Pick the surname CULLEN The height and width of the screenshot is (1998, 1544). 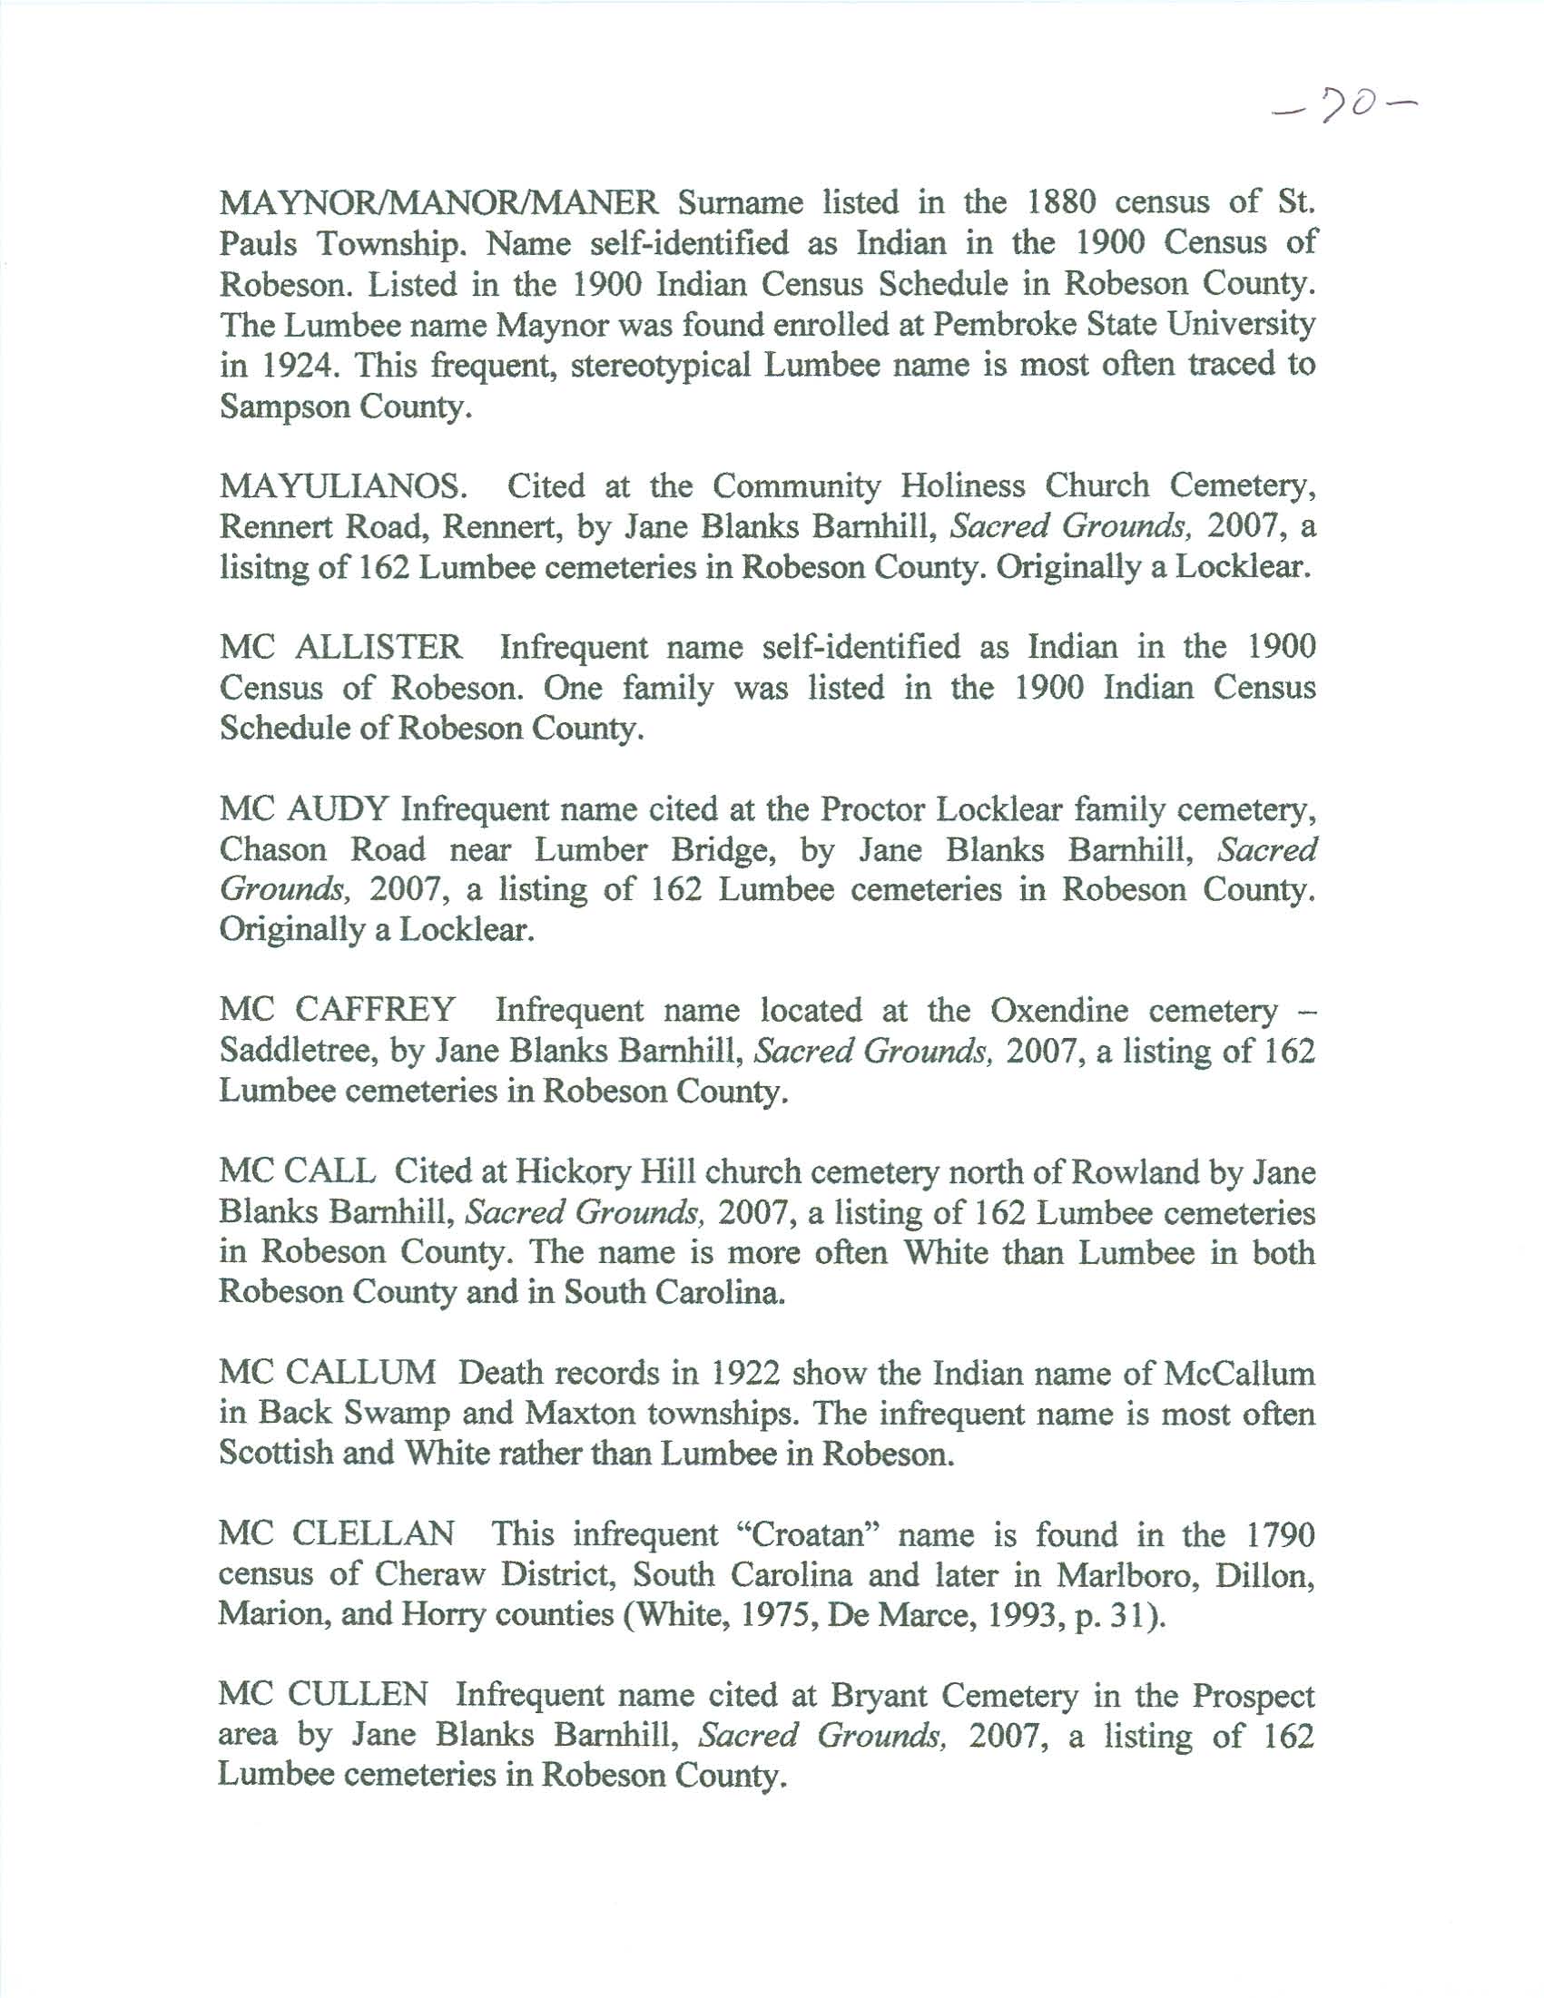[x=358, y=1695]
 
